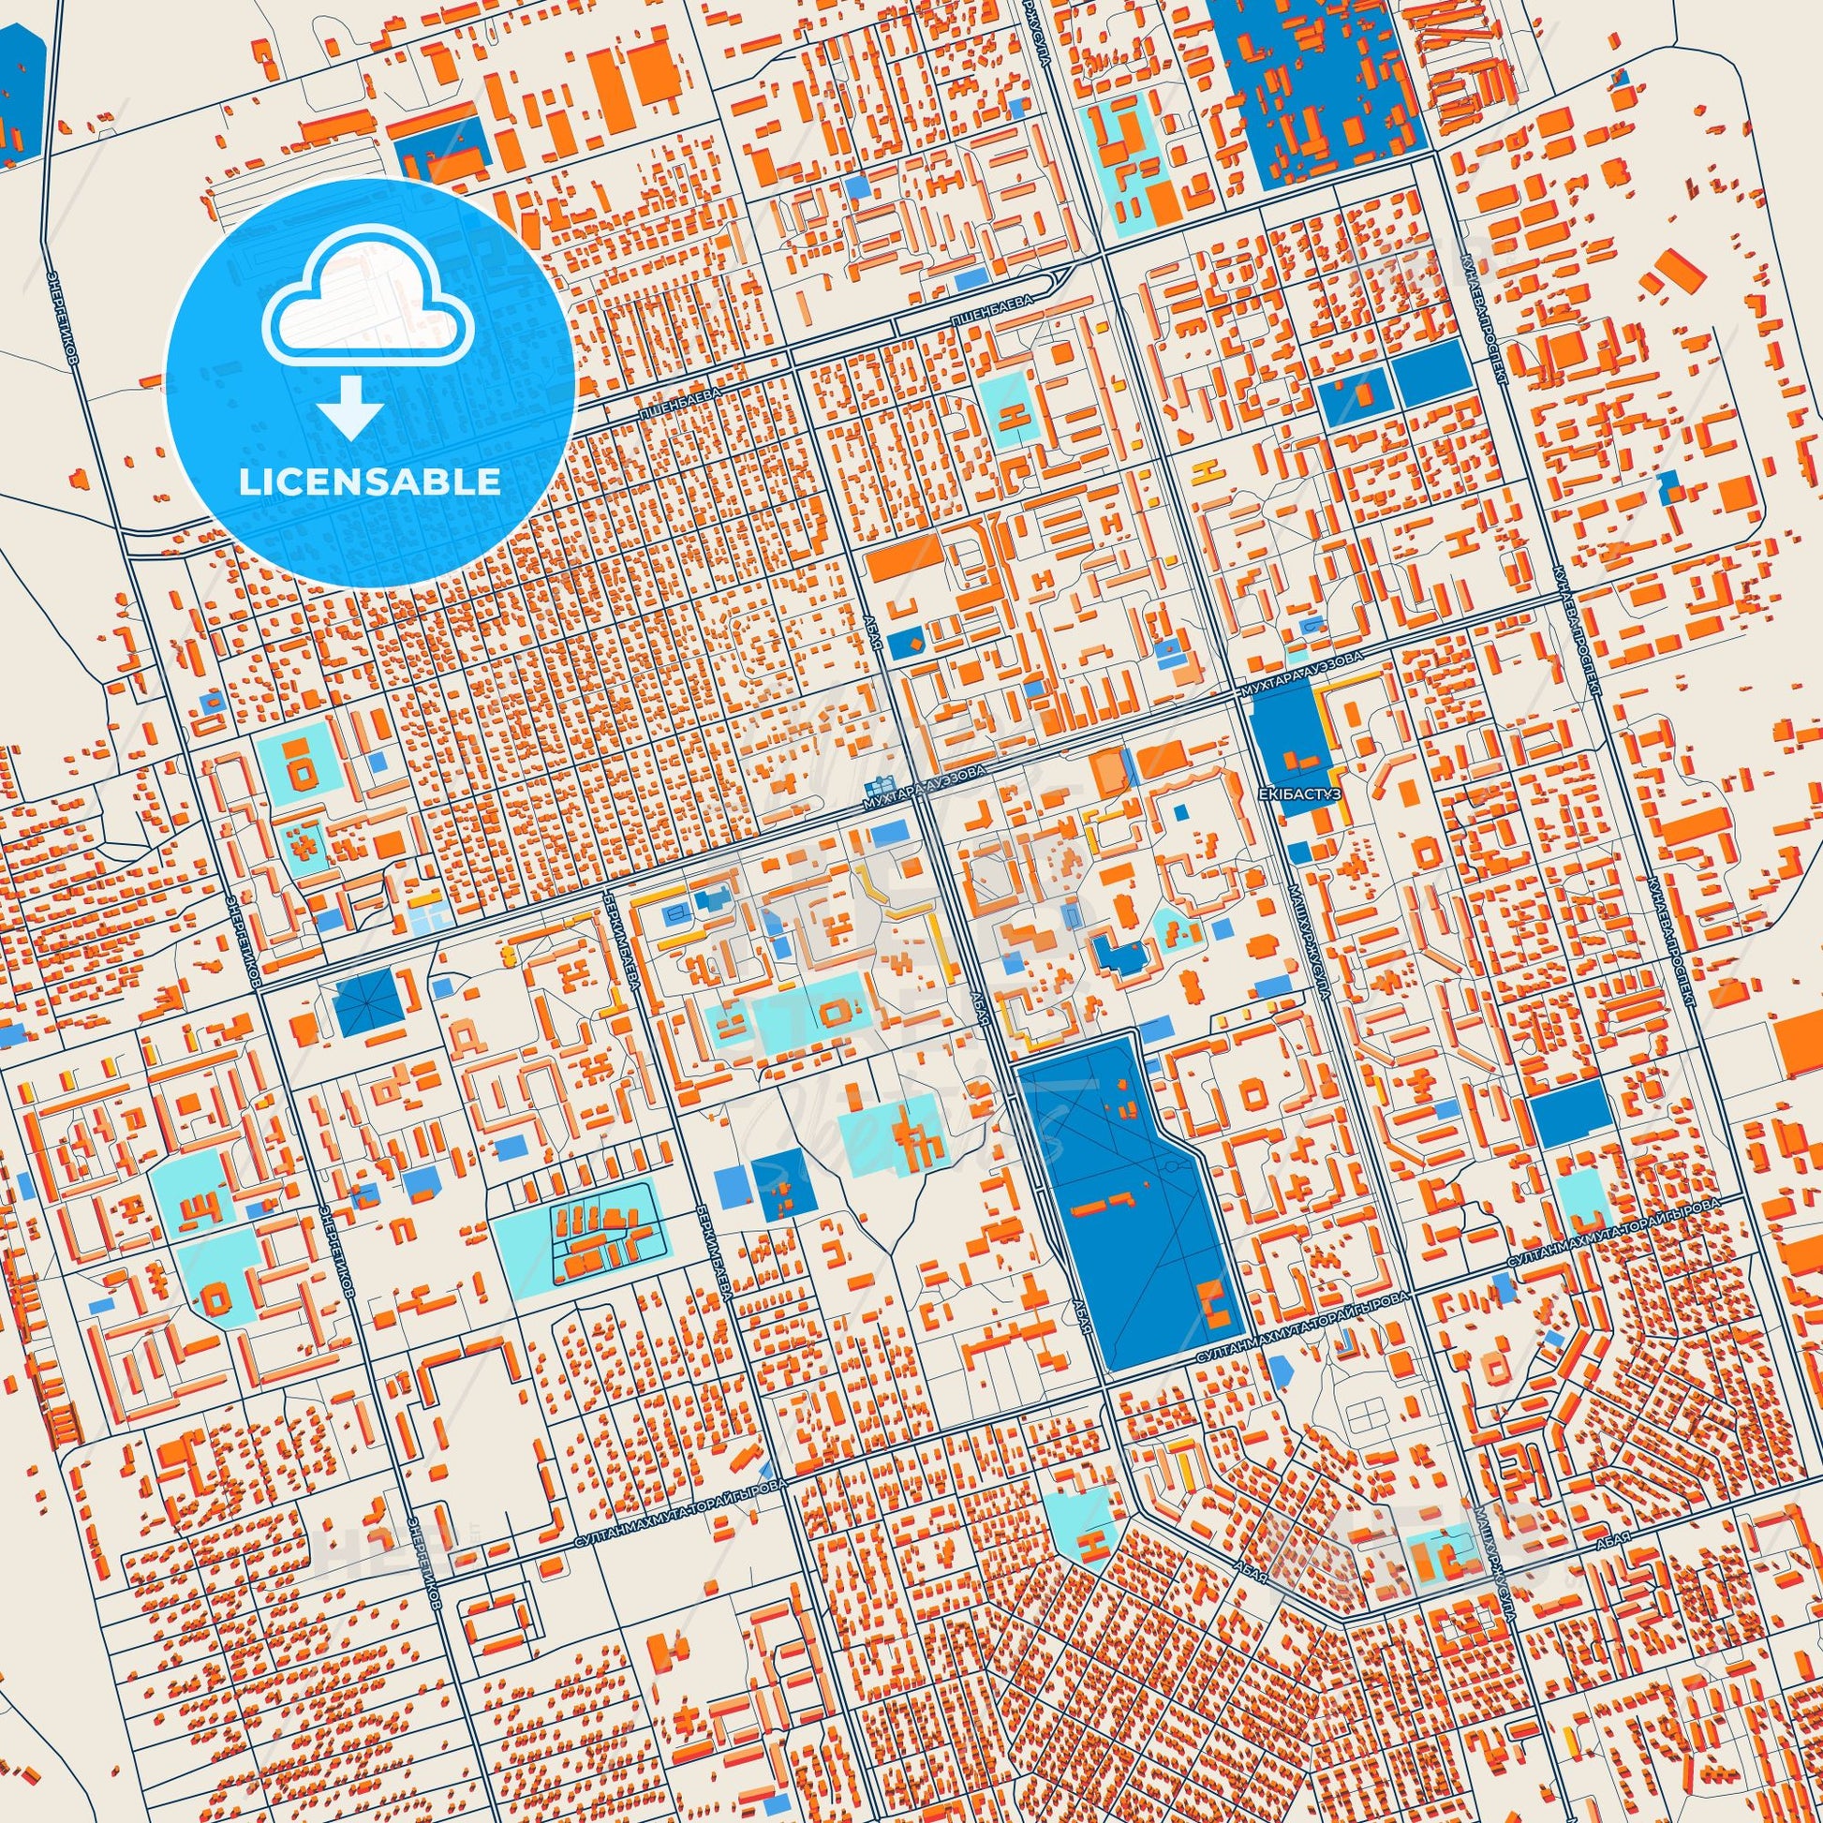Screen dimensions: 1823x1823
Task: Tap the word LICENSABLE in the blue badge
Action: tap(369, 482)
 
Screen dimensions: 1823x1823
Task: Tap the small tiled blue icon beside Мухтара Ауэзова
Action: tap(881, 785)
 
